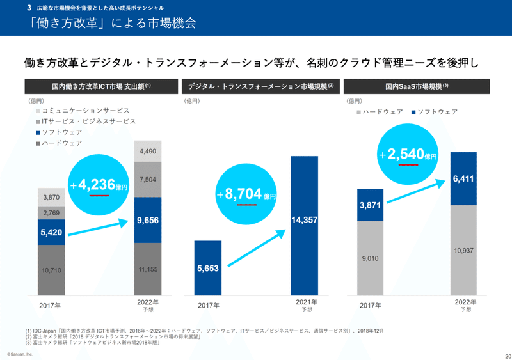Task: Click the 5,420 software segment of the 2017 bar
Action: (51, 233)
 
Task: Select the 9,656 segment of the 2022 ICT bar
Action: (148, 220)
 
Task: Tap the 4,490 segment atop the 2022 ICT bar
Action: (148, 151)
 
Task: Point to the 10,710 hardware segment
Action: (51, 270)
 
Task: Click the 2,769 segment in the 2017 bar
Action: (51, 212)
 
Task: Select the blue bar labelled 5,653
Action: (208, 268)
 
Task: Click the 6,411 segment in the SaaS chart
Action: (463, 179)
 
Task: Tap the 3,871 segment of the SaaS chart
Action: (371, 205)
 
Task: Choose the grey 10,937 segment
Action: (463, 250)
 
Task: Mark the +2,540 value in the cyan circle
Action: (407, 155)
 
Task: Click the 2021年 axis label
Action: (305, 301)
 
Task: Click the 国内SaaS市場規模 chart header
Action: (417, 86)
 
